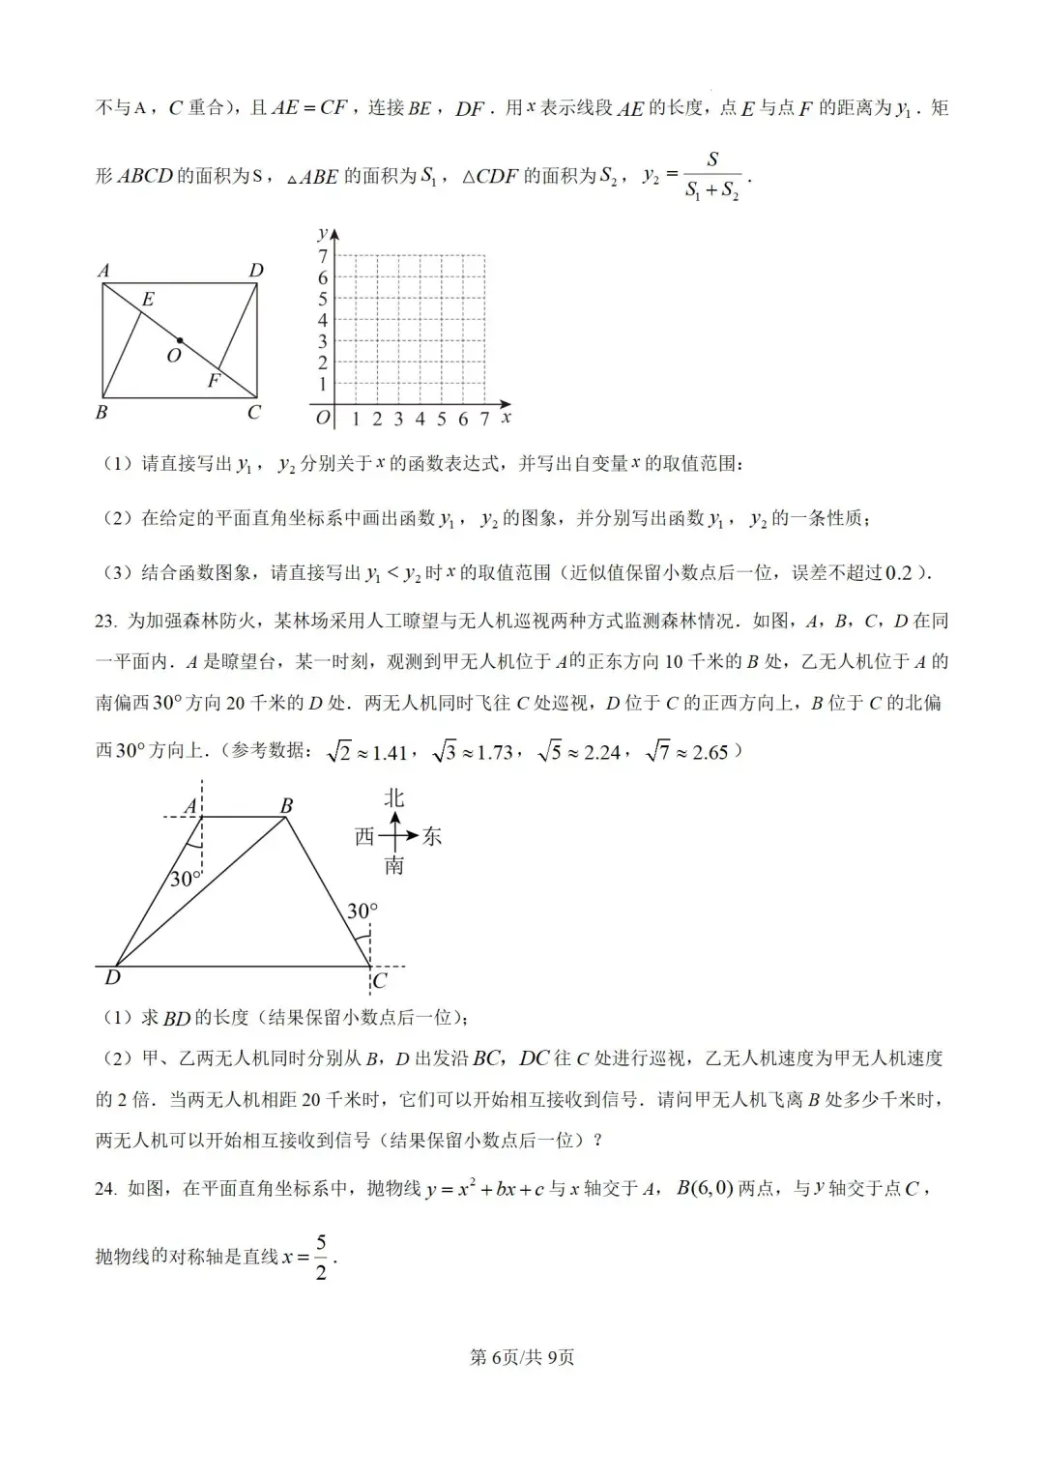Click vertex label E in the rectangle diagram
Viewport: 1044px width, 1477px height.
click(148, 300)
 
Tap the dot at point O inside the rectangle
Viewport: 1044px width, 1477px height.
click(180, 341)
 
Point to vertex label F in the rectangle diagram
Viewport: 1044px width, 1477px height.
click(214, 381)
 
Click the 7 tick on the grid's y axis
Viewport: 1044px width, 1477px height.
click(324, 256)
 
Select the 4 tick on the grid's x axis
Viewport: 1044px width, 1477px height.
click(420, 420)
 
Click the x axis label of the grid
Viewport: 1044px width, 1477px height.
click(506, 418)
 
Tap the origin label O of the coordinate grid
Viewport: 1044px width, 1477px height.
click(323, 419)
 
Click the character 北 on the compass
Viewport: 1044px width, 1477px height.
click(394, 797)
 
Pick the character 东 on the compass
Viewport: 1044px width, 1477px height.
click(432, 837)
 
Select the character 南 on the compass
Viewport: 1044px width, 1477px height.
click(394, 866)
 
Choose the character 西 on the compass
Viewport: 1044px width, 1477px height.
click(364, 837)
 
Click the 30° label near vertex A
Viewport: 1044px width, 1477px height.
click(186, 880)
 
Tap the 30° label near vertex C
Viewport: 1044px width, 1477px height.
click(362, 912)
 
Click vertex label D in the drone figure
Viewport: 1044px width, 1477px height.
click(113, 978)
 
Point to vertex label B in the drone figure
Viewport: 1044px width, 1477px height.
click(286, 805)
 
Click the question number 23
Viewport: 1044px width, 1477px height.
click(105, 622)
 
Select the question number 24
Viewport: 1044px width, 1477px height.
click(105, 1189)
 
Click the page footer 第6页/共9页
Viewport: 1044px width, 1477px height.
click(522, 1357)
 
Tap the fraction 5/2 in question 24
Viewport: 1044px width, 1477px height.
click(321, 1257)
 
